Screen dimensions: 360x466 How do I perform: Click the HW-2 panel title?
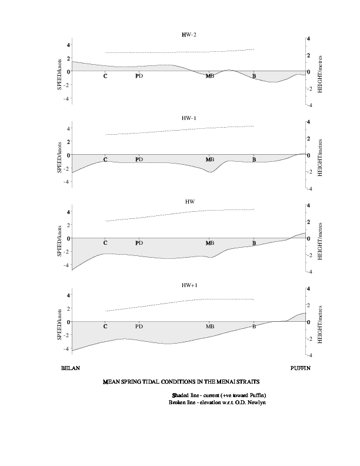(x=189, y=35)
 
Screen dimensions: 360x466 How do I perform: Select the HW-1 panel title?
(x=189, y=118)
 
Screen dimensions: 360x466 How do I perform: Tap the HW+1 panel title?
(x=189, y=285)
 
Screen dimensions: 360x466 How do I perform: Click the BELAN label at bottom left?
(x=71, y=368)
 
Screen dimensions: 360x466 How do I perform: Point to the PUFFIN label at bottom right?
(x=301, y=368)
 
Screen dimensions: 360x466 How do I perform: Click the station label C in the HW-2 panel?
(x=105, y=76)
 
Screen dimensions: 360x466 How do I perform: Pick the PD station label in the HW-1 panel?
(x=139, y=159)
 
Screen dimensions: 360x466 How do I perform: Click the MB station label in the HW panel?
(x=209, y=243)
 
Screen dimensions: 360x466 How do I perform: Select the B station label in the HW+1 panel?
(x=254, y=327)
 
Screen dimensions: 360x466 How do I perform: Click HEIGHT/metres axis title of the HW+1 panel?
(x=320, y=325)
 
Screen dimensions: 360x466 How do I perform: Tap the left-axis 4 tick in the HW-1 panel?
(x=68, y=128)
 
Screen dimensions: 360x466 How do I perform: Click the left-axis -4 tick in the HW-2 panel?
(x=66, y=98)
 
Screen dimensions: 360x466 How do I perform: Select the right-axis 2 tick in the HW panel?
(x=309, y=222)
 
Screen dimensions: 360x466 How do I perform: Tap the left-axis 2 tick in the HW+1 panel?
(x=68, y=308)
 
